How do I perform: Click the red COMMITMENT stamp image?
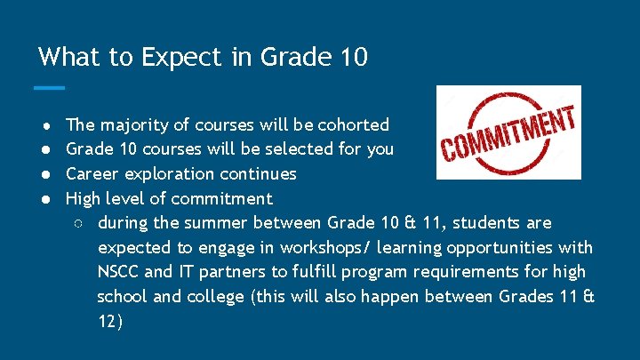point(508,132)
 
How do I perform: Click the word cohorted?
point(354,124)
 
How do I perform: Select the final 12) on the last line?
point(110,322)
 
